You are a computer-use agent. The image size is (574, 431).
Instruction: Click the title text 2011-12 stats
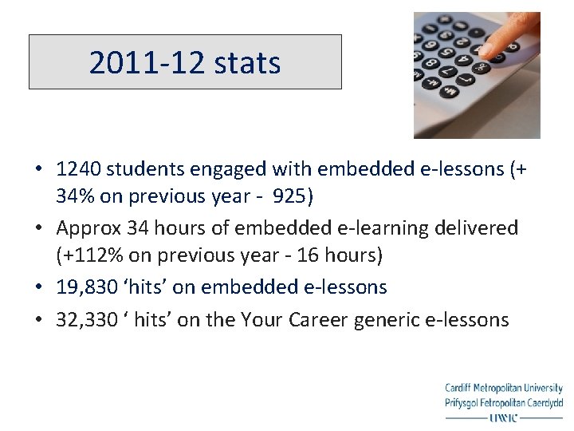pyautogui.click(x=185, y=62)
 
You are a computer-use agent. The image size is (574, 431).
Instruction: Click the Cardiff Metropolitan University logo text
pyautogui.click(x=504, y=389)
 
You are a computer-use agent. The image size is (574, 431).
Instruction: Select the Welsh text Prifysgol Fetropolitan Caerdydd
pyautogui.click(x=504, y=402)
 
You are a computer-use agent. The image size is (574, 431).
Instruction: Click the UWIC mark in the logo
pyautogui.click(x=502, y=417)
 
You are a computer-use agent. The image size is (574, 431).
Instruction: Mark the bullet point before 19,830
pyautogui.click(x=38, y=287)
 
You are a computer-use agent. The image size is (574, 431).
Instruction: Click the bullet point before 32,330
pyautogui.click(x=38, y=321)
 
